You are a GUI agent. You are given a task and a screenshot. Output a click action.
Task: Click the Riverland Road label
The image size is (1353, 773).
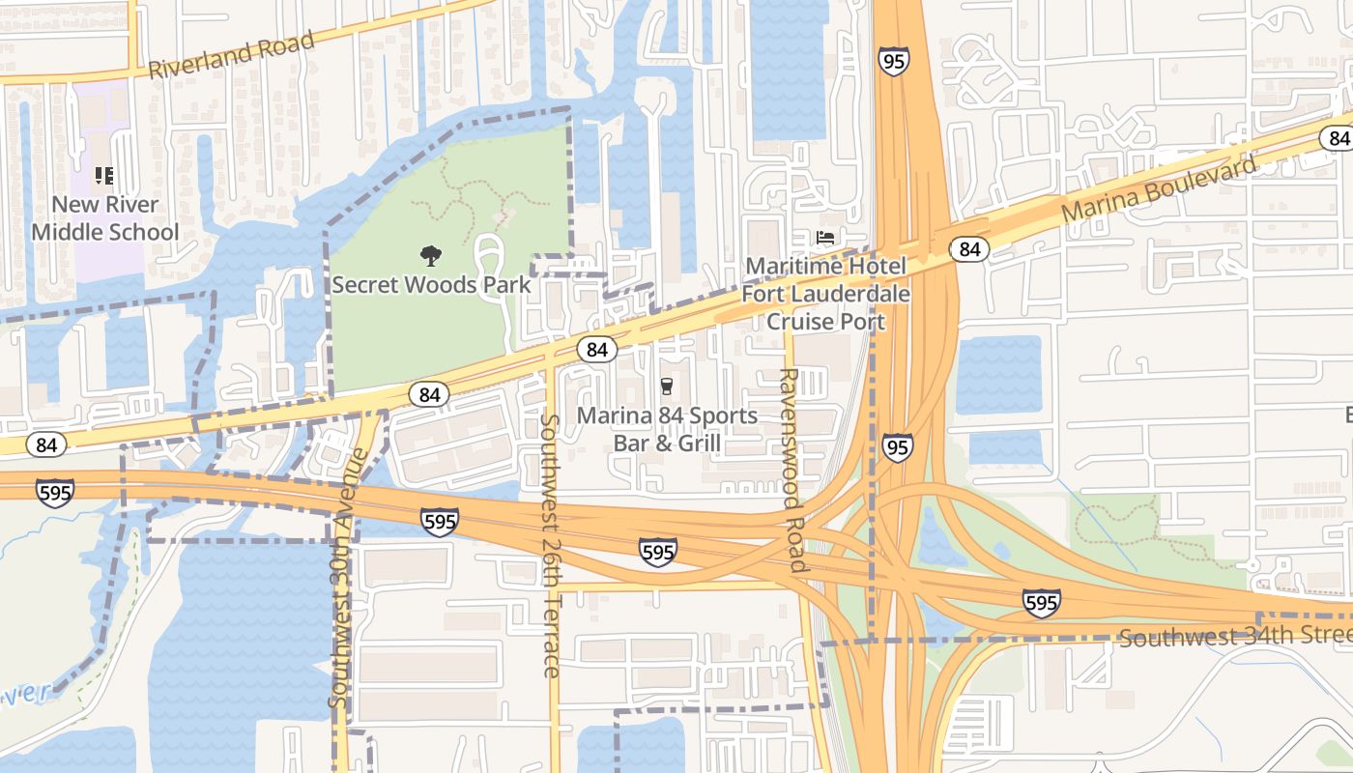coord(232,56)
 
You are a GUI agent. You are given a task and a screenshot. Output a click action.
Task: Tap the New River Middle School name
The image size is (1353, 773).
coord(104,218)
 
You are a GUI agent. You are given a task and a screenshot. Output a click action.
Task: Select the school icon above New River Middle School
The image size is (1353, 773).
coord(103,176)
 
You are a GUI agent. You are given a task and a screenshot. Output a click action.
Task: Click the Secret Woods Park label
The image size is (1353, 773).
coord(431,285)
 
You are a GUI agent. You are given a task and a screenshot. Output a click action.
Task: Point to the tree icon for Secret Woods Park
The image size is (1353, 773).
coord(431,256)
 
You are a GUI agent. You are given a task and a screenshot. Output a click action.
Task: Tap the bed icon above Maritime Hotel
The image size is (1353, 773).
coord(825,237)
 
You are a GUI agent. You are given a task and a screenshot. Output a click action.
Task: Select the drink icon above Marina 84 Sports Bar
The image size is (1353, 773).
coord(666,386)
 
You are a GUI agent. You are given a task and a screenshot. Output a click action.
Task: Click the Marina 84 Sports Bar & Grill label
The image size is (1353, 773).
coord(667,429)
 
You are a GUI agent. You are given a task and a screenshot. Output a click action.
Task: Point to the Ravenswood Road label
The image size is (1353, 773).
coord(791,470)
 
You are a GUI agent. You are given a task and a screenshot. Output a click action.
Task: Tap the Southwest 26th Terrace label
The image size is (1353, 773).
coord(551,546)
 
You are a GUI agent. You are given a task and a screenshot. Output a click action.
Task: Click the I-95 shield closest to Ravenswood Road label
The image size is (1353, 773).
coord(896,447)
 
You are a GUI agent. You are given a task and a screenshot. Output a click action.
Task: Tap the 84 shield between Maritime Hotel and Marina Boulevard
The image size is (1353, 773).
coord(969,249)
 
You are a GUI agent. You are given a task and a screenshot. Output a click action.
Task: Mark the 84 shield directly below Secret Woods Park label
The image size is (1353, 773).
coord(428,394)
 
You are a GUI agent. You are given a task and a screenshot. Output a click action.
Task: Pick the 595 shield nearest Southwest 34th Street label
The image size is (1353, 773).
coord(1041,603)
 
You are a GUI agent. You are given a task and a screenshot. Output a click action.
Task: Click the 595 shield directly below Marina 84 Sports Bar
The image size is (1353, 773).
coord(657,553)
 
